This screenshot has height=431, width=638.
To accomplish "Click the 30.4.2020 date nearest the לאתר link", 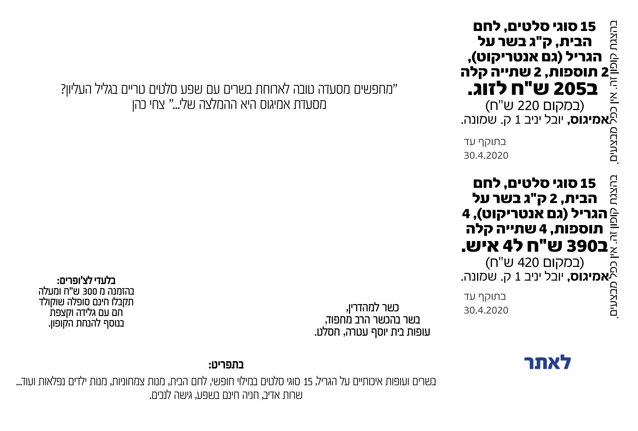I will point(486,310).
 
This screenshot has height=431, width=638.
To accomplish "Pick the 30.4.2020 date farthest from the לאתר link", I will point(486,156).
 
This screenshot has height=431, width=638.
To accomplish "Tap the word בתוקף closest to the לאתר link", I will point(492,297).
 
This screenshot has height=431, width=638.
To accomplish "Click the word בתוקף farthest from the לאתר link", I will point(492,142).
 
